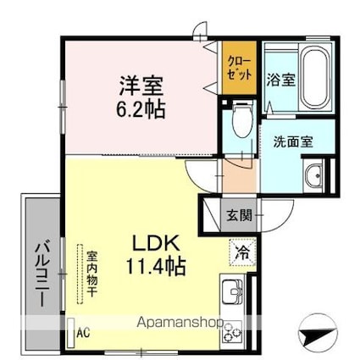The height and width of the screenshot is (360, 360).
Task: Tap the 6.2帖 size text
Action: (x=141, y=109)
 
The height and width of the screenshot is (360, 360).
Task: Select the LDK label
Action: (x=156, y=243)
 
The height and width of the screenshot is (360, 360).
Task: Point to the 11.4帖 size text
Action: (x=156, y=266)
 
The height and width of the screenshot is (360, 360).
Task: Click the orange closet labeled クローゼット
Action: (x=239, y=68)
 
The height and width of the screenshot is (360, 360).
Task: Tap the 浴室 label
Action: (x=281, y=80)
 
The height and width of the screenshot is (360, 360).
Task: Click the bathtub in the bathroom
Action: (x=315, y=78)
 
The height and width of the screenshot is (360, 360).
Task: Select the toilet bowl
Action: (x=242, y=120)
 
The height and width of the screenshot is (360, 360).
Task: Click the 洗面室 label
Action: (x=293, y=141)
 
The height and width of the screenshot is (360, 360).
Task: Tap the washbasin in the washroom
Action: (x=314, y=175)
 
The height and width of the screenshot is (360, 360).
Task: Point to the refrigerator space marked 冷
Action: (x=242, y=252)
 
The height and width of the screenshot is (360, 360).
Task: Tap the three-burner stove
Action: (x=232, y=332)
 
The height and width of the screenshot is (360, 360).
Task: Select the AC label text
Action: (x=84, y=333)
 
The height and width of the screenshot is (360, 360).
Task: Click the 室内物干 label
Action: (x=91, y=274)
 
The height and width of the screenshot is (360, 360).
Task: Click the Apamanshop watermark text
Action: (x=180, y=323)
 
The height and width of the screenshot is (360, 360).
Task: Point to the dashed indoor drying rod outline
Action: (x=80, y=274)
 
